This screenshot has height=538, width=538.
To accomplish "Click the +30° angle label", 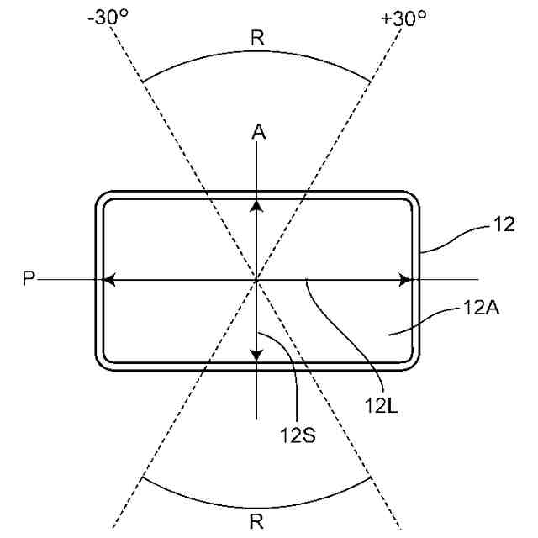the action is pyautogui.click(x=403, y=18).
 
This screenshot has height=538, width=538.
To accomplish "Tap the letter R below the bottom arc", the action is pyautogui.click(x=256, y=521).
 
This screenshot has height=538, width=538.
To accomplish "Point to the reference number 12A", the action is pyautogui.click(x=481, y=309).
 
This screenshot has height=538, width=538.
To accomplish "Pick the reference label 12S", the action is pyautogui.click(x=298, y=436).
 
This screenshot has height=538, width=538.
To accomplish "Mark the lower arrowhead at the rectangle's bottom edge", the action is pyautogui.click(x=257, y=354).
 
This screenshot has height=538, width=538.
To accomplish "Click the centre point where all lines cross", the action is pyautogui.click(x=257, y=279).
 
